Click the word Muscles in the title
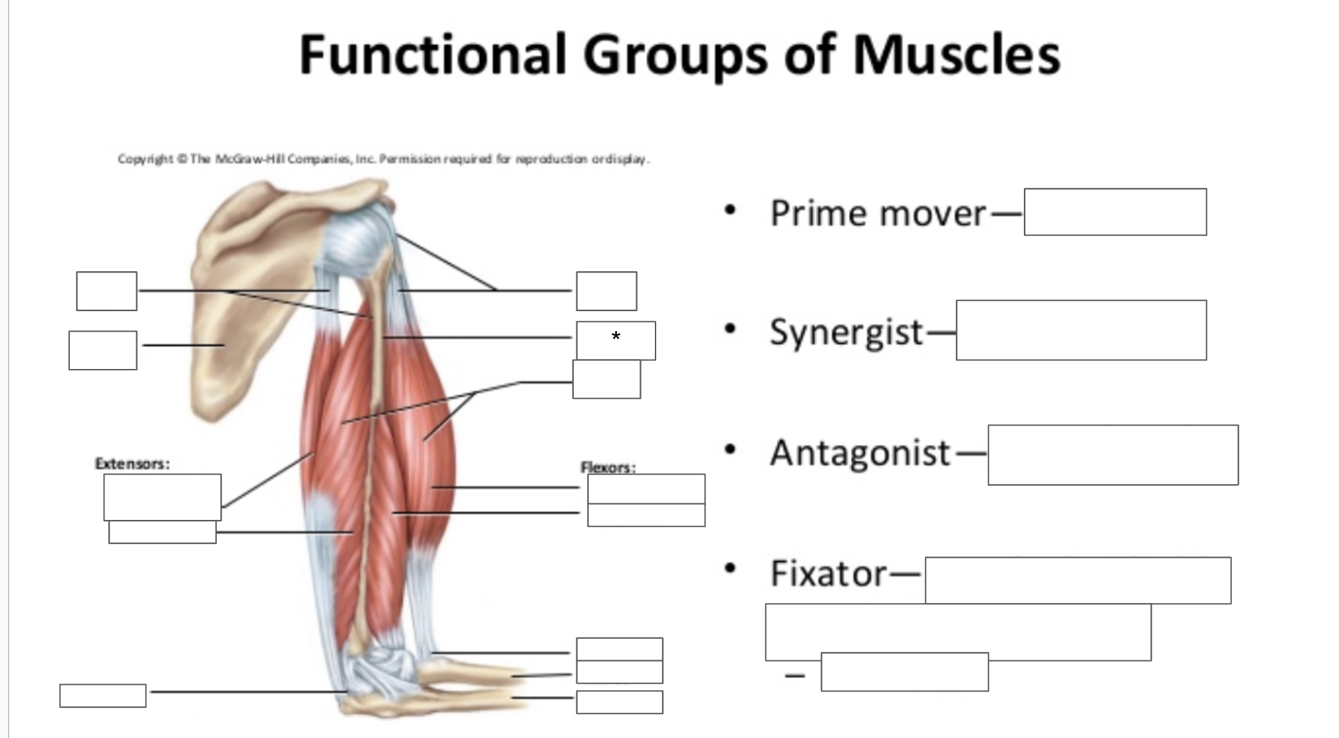tap(956, 54)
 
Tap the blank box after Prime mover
tap(1115, 212)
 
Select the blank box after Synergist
tap(1081, 330)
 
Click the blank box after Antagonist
tap(1113, 455)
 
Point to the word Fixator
tap(828, 573)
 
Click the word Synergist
tap(846, 332)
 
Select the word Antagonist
tap(860, 453)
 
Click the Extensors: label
tap(132, 463)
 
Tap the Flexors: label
tap(608, 467)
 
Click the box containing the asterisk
tap(616, 340)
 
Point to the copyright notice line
tap(384, 159)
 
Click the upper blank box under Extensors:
tap(162, 497)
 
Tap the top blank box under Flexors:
tap(646, 489)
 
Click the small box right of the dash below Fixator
tap(905, 672)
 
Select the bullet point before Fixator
tap(731, 568)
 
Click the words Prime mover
tap(878, 213)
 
